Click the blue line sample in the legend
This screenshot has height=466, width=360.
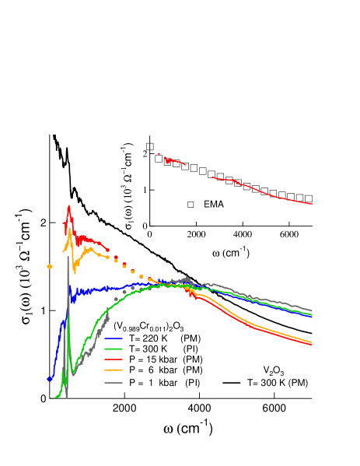tap(113, 338)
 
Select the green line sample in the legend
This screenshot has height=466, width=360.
tap(113, 349)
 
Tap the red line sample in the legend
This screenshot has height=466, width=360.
tap(113, 360)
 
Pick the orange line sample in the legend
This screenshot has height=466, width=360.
tap(113, 371)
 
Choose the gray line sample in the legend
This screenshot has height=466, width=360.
tap(113, 383)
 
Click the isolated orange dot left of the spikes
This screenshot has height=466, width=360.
tap(50, 266)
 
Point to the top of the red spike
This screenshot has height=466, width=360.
tap(69, 206)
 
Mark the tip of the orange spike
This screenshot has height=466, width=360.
tap(70, 229)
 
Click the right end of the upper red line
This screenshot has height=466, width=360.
tap(312, 204)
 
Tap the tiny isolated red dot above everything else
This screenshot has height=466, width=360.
tap(159, 154)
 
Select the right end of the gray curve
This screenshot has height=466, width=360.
tap(312, 310)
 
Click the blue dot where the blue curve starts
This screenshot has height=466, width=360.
tap(49, 380)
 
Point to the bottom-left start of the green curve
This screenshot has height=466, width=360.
tap(54, 398)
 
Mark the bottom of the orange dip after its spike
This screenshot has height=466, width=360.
tap(75, 272)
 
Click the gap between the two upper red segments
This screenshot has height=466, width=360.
tap(199, 171)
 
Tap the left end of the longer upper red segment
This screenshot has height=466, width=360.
tap(212, 177)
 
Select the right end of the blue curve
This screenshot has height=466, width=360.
tap(312, 317)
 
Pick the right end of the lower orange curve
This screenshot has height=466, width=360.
tap(312, 342)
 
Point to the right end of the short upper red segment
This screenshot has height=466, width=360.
tap(185, 164)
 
